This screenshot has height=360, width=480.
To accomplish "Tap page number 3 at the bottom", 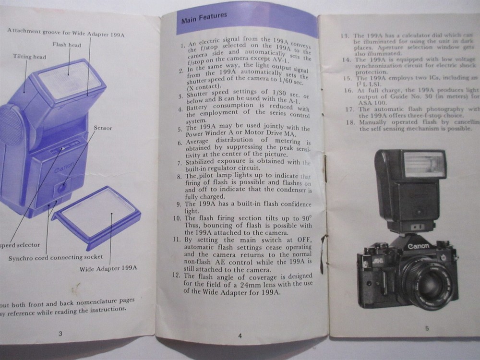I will [60, 334].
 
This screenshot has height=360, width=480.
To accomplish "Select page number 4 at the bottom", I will [240, 336].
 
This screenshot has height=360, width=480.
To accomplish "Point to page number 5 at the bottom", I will [427, 328].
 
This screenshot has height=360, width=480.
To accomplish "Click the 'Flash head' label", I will [67, 45].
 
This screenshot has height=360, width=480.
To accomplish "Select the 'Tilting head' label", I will [30, 57].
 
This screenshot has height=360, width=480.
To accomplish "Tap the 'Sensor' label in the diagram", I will [103, 128].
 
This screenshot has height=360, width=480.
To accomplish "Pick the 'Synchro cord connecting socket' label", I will [56, 257].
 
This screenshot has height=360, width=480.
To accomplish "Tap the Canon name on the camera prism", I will [419, 246].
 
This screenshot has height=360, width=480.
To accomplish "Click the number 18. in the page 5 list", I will [349, 122].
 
